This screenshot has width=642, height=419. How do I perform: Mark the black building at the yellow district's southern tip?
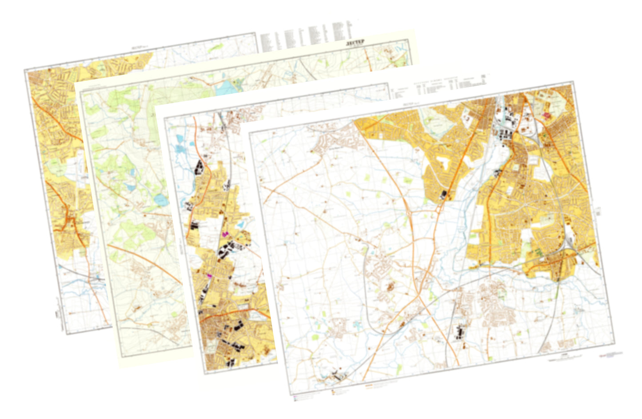(443, 194)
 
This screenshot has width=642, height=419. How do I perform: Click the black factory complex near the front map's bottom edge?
(459, 332)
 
